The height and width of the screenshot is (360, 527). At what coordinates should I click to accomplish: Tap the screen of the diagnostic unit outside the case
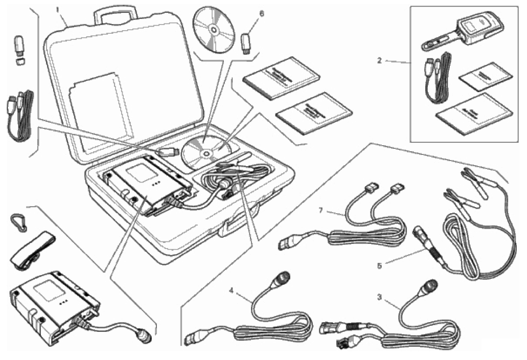[48, 287]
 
